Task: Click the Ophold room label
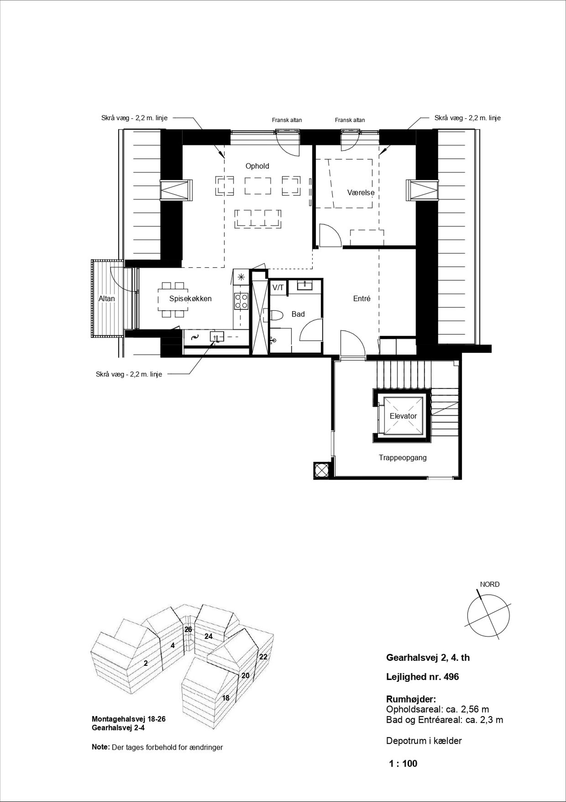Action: click(x=257, y=166)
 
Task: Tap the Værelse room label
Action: click(x=361, y=193)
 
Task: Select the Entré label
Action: click(x=361, y=299)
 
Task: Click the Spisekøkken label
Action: click(x=190, y=299)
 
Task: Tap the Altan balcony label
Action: click(x=106, y=299)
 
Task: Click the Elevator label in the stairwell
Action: click(x=403, y=416)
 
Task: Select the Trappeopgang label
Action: click(x=403, y=458)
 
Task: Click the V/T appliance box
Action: click(x=278, y=288)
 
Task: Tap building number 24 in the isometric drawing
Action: click(x=208, y=636)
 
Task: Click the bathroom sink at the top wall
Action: click(x=305, y=285)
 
